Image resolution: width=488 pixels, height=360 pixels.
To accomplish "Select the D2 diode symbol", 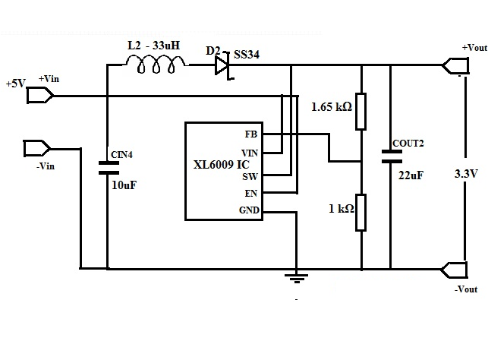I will [x=221, y=66].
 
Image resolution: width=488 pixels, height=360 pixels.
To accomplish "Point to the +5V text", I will [x=16, y=83].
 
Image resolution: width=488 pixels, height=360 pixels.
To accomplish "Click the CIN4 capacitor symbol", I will [x=107, y=168].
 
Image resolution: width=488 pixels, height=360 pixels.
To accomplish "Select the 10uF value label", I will [x=124, y=184].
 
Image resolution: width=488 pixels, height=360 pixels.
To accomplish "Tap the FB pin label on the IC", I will [x=251, y=134].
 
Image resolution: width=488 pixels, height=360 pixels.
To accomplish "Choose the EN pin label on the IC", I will [x=250, y=194].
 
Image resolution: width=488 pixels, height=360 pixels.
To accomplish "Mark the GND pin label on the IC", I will [x=248, y=210].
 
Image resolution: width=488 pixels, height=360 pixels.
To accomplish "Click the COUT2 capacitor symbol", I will [x=392, y=156].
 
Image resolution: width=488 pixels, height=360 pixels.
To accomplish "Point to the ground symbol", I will [x=296, y=277].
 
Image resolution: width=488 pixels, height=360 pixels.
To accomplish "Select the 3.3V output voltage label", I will [x=464, y=173].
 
